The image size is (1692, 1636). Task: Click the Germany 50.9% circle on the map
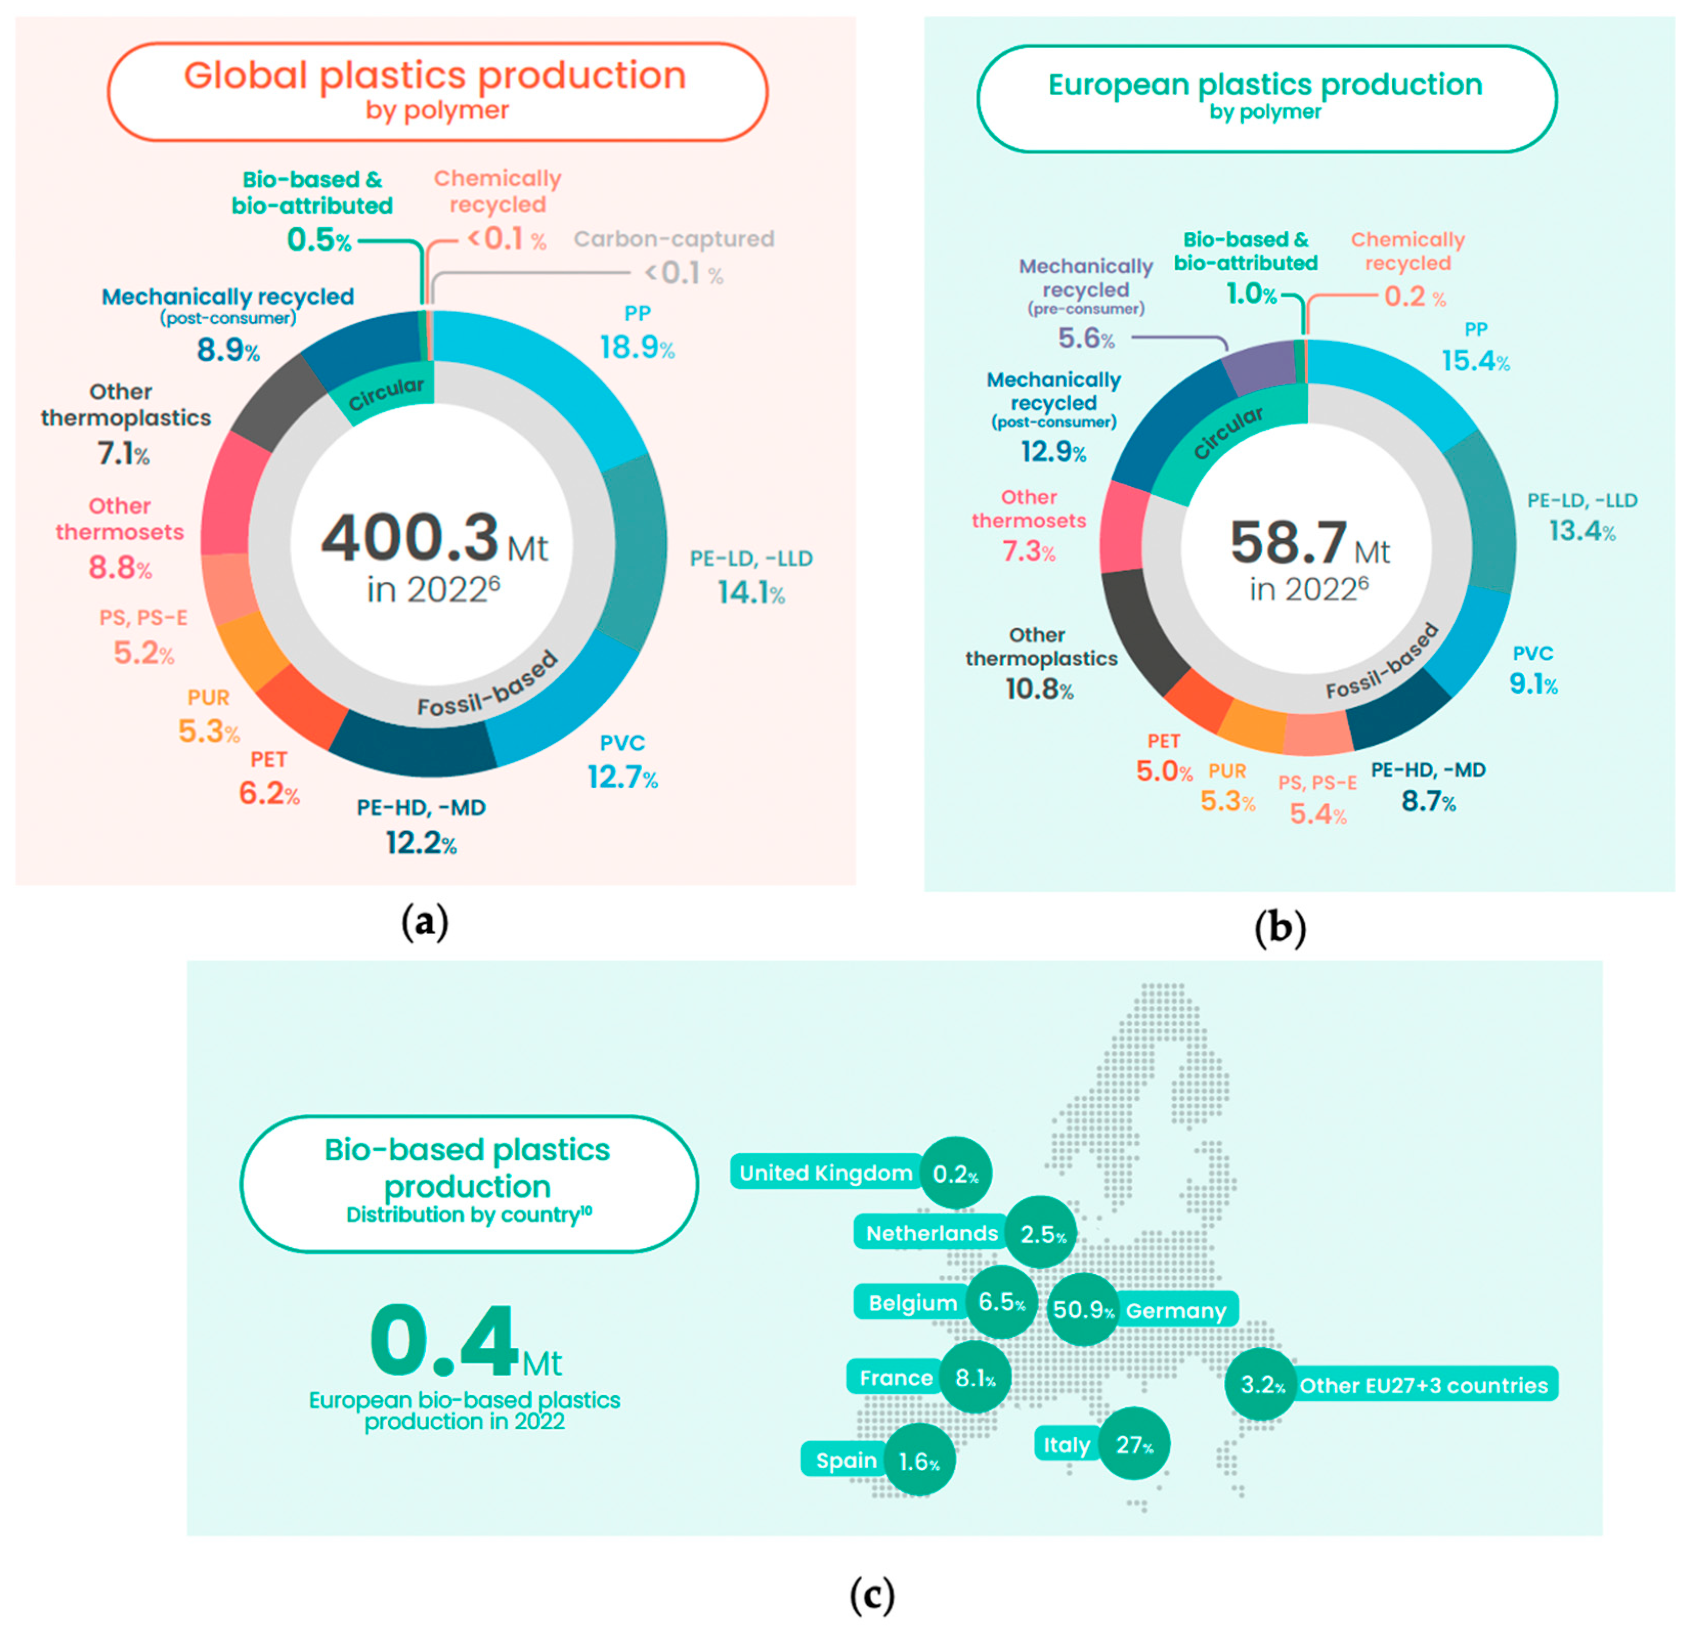coord(1083,1309)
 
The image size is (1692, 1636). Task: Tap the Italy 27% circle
coord(1133,1444)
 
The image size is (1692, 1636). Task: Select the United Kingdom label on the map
coord(825,1173)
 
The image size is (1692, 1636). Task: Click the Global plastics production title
coord(435,76)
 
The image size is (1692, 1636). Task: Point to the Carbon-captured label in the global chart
coord(674,239)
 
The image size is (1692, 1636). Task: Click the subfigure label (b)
coord(1279,928)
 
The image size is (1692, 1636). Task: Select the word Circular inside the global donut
coord(386,394)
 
